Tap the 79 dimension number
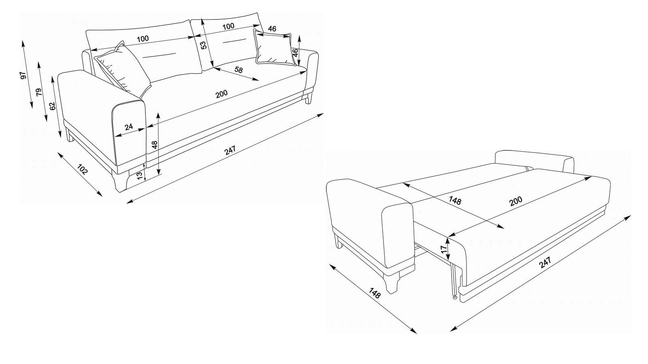(x=38, y=92)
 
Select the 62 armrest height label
(x=52, y=106)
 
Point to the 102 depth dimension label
(x=82, y=169)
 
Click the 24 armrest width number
(x=129, y=127)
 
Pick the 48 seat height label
(x=155, y=144)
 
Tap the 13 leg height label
(x=140, y=176)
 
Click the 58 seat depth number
(x=239, y=70)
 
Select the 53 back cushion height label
(x=204, y=45)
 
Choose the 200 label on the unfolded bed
(x=516, y=201)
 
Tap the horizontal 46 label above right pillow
(x=272, y=29)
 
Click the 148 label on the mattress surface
(x=455, y=200)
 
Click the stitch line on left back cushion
(x=160, y=55)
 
